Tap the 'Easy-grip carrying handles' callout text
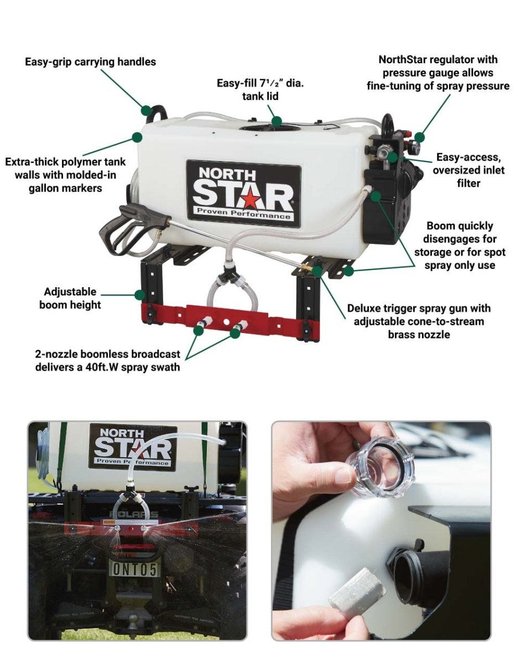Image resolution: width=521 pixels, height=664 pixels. tap(90, 62)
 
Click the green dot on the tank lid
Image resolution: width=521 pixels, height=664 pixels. tap(277, 121)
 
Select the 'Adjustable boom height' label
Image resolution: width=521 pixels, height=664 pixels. tap(70, 298)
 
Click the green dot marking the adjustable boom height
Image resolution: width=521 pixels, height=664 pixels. tap(139, 294)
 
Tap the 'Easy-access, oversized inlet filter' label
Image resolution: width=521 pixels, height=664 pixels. tap(468, 170)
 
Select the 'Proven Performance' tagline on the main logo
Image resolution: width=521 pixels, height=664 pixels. tap(243, 214)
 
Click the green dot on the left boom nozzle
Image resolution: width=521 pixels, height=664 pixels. tap(199, 330)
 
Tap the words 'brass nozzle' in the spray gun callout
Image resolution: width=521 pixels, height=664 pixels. tap(419, 335)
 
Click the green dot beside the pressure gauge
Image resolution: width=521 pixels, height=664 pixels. tap(421, 137)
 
